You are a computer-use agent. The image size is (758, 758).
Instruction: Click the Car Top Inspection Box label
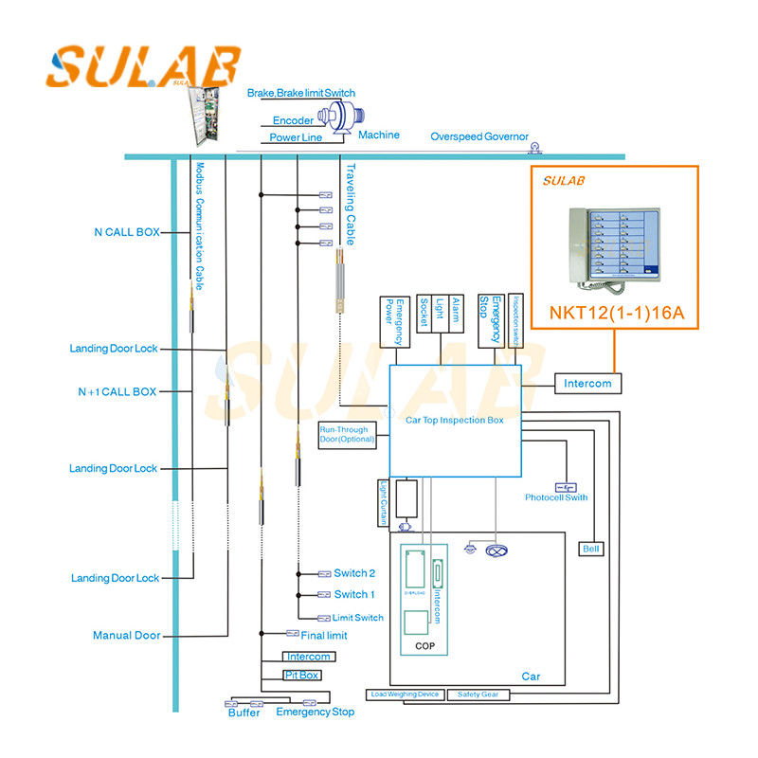tap(455, 419)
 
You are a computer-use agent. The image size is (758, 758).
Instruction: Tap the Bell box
tap(591, 549)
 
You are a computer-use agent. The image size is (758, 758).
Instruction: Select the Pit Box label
tap(302, 676)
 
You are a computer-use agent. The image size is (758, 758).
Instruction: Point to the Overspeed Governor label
tap(479, 136)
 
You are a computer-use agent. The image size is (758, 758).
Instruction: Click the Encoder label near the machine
tap(293, 121)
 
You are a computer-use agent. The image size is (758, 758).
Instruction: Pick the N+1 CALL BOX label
tap(117, 391)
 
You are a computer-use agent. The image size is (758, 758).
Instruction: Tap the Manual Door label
tap(126, 636)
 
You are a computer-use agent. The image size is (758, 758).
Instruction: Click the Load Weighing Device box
tap(405, 695)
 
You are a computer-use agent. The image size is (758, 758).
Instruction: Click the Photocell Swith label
tap(556, 497)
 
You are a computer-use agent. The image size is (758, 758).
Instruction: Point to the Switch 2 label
tap(354, 573)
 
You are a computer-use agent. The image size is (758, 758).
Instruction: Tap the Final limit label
tap(323, 635)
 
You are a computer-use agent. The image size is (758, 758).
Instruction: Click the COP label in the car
tap(424, 645)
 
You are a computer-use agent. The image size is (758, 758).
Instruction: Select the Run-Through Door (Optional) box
tap(347, 435)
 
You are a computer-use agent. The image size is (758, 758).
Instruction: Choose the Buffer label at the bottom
tap(244, 713)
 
